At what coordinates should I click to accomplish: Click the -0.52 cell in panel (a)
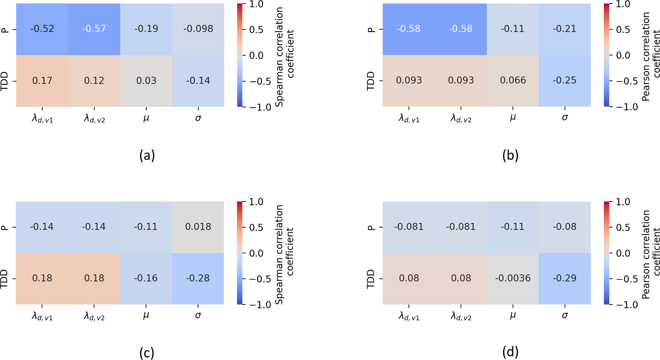pyautogui.click(x=42, y=29)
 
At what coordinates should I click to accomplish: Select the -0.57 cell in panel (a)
pyautogui.click(x=94, y=29)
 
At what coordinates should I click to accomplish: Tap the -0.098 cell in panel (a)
pyautogui.click(x=198, y=29)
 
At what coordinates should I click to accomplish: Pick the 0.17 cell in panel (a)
pyautogui.click(x=42, y=80)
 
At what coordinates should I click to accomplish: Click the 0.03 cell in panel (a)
pyautogui.click(x=146, y=80)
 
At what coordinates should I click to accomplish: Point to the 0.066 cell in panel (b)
pyautogui.click(x=513, y=80)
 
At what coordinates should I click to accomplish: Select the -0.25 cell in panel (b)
pyautogui.click(x=565, y=80)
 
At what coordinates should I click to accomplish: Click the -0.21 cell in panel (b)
pyautogui.click(x=565, y=29)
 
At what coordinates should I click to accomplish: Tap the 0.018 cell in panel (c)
pyautogui.click(x=198, y=227)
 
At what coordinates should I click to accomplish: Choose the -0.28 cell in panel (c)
pyautogui.click(x=198, y=278)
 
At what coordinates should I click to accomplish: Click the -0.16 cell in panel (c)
pyautogui.click(x=146, y=278)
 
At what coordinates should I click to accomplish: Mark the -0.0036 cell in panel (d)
pyautogui.click(x=513, y=278)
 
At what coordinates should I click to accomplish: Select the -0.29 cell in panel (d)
pyautogui.click(x=565, y=278)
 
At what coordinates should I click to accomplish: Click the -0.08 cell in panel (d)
pyautogui.click(x=565, y=227)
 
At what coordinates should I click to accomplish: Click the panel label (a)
pyautogui.click(x=147, y=155)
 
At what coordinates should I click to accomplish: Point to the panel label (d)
pyautogui.click(x=510, y=352)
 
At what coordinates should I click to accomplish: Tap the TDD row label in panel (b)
pyautogui.click(x=371, y=81)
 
